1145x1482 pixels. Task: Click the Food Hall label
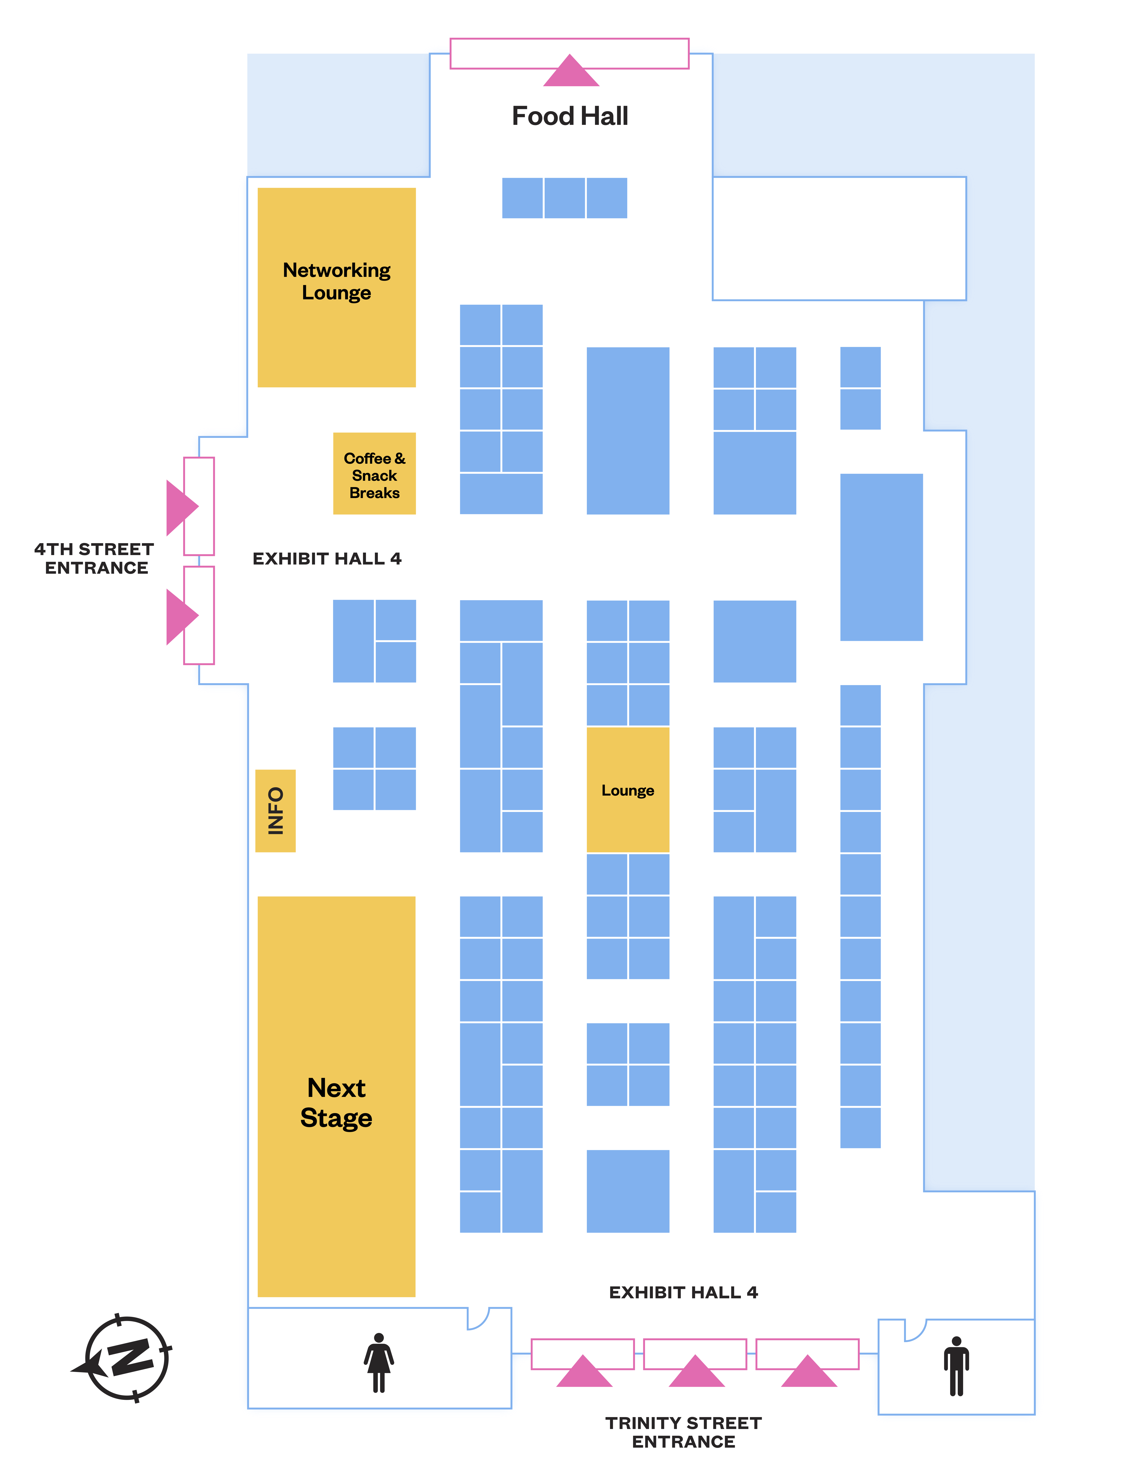(570, 116)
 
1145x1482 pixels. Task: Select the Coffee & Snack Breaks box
(374, 474)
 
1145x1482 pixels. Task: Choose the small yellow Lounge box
(628, 790)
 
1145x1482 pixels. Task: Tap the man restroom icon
(956, 1366)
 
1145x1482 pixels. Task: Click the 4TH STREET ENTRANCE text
(95, 558)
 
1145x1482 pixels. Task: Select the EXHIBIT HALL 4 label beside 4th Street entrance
(327, 558)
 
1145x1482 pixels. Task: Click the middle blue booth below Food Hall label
(564, 198)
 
